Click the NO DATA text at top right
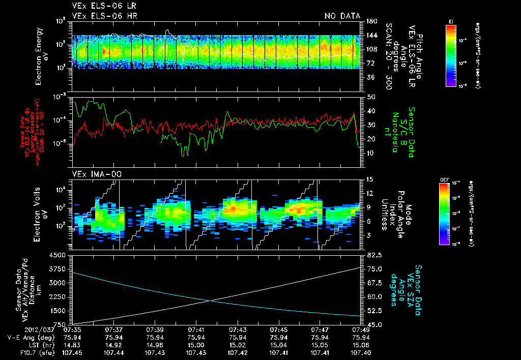pyautogui.click(x=342, y=16)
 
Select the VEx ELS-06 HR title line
pyautogui.click(x=104, y=16)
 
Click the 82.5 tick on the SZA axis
pyautogui.click(x=372, y=255)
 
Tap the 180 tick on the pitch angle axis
pyautogui.click(x=370, y=21)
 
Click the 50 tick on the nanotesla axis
pyautogui.click(x=370, y=97)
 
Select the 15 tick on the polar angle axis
pyautogui.click(x=370, y=179)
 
